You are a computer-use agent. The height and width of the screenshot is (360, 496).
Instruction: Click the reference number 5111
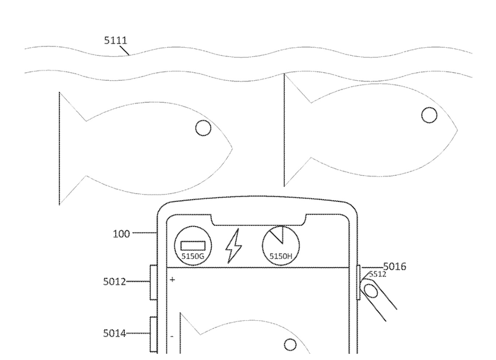coord(115,42)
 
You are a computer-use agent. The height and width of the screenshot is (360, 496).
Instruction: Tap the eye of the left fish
coord(203,127)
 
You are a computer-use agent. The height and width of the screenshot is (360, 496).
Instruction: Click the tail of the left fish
coord(69,147)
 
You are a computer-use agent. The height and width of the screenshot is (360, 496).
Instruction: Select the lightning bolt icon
coord(234,247)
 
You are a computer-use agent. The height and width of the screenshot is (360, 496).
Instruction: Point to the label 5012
coord(115,282)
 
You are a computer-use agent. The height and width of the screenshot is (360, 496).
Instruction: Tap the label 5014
coord(115,334)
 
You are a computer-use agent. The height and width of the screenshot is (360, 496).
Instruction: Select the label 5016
coord(394,267)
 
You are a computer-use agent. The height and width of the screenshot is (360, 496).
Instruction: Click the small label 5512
coord(377,275)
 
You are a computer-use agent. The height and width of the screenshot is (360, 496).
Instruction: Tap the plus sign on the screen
coord(173,279)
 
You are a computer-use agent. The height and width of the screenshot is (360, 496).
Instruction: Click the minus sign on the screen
coord(172,337)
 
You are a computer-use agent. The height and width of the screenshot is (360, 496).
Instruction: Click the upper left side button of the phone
coord(153,282)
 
